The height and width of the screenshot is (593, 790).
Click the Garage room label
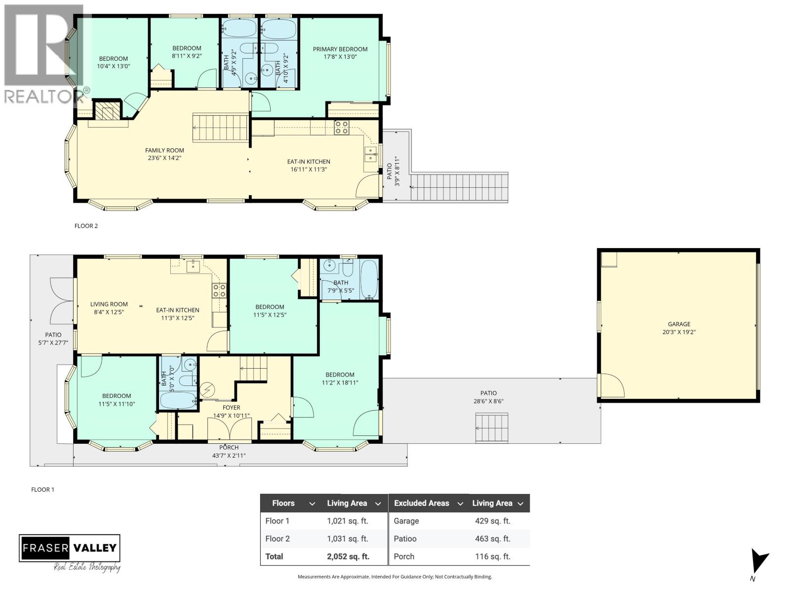679,324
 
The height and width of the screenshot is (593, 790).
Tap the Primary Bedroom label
340,49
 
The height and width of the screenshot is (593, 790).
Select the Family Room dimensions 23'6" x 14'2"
164,159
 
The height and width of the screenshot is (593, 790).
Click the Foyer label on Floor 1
231,408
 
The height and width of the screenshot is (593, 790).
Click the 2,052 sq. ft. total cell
348,556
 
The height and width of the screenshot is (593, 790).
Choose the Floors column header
283,503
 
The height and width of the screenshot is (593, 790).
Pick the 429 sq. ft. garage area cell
492,521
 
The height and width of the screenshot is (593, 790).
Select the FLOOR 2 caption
86,226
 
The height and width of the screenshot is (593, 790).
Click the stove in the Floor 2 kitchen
341,127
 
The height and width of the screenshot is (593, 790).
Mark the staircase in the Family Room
220,127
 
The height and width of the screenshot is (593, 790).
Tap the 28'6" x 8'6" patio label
488,402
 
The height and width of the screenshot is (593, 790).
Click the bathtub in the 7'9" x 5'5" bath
369,279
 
